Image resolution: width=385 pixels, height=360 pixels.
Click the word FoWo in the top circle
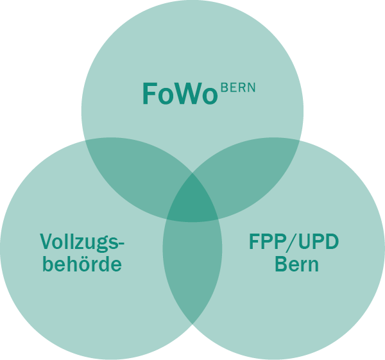[180, 94]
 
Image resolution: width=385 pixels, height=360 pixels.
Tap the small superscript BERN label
[238, 88]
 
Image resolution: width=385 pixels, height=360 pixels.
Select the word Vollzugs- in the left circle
[82, 243]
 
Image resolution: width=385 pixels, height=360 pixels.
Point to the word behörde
[82, 264]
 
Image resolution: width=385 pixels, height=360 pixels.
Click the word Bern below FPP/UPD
[297, 264]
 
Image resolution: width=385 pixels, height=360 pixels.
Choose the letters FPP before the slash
[266, 242]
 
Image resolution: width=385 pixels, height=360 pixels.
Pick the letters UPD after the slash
[319, 242]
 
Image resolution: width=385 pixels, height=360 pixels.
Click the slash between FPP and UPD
[291, 243]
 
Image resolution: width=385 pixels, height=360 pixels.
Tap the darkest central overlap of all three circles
[193, 200]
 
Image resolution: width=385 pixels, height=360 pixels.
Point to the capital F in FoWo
[150, 94]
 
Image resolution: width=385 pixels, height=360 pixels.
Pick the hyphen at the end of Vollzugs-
[121, 243]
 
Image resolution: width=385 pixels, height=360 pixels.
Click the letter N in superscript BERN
[251, 88]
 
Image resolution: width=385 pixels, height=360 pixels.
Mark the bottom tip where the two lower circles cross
[193, 324]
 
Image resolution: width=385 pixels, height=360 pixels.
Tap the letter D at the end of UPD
[332, 242]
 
